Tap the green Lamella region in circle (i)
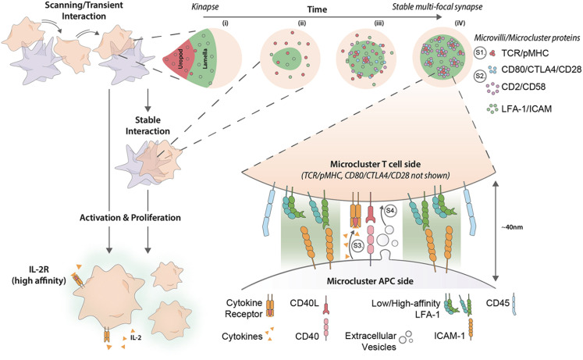pyautogui.click(x=204, y=59)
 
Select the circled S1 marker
pyautogui.click(x=480, y=53)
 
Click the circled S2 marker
pyautogui.click(x=480, y=76)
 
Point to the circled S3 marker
pyautogui.click(x=357, y=245)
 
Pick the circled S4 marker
pyautogui.click(x=390, y=211)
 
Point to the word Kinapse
pyautogui.click(x=205, y=7)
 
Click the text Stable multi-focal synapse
pyautogui.click(x=437, y=7)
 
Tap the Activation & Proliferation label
pyautogui.click(x=130, y=218)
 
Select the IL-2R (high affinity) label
pyautogui.click(x=38, y=276)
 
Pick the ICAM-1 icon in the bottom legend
pyautogui.click(x=471, y=329)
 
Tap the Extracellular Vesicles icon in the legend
pyautogui.click(x=406, y=337)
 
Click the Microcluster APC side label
pyautogui.click(x=370, y=281)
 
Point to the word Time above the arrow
pyautogui.click(x=317, y=9)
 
